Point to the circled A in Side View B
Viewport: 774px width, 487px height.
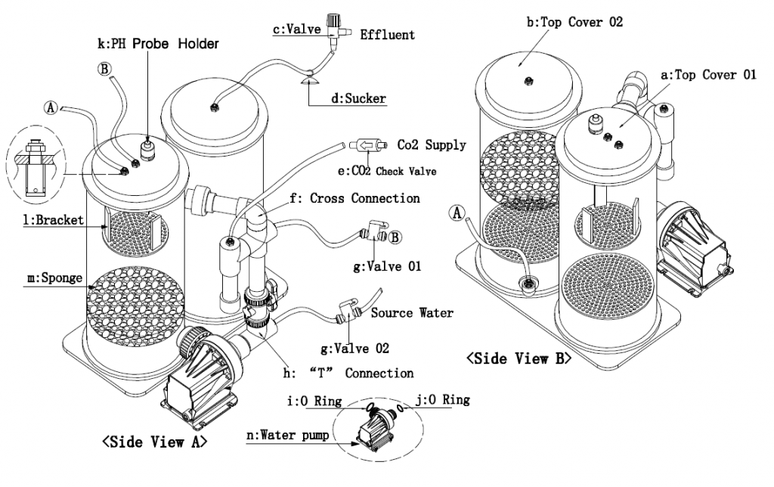458,213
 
